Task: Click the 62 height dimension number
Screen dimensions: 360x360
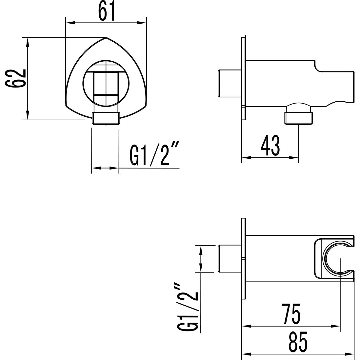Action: tap(15, 79)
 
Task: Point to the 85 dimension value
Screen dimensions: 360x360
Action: tap(298, 341)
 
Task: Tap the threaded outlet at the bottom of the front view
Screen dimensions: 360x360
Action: tap(106, 118)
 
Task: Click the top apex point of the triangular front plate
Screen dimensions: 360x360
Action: tap(106, 37)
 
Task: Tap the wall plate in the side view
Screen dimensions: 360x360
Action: tap(243, 79)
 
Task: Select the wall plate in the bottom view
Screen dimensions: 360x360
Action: tap(243, 259)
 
